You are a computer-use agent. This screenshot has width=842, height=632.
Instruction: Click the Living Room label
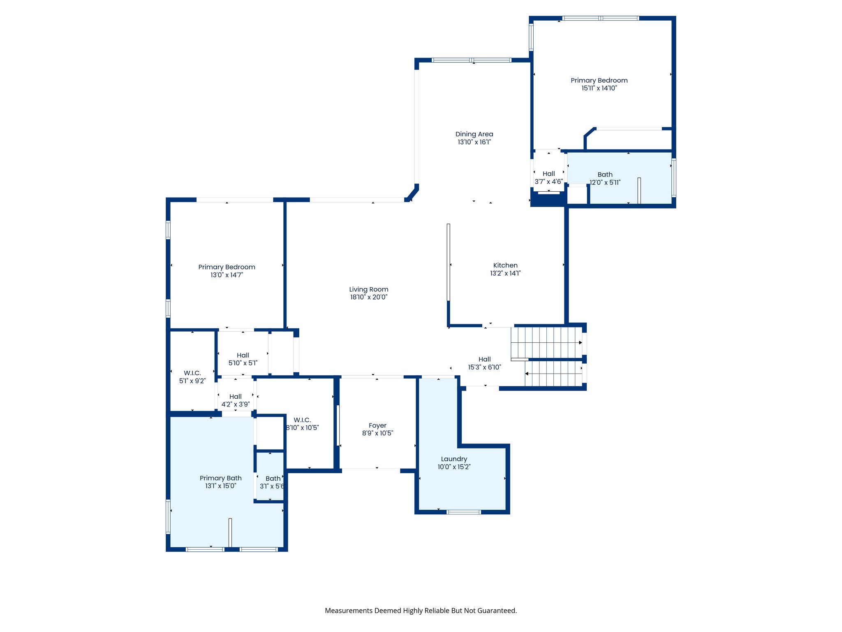click(x=369, y=289)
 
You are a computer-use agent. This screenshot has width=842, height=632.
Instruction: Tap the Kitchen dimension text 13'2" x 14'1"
click(x=505, y=273)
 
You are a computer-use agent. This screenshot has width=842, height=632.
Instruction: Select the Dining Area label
click(x=474, y=134)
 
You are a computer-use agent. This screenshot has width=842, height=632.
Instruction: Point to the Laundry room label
click(x=454, y=459)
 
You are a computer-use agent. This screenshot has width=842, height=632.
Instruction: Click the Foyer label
click(x=377, y=425)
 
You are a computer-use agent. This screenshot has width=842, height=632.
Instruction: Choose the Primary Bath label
click(x=220, y=478)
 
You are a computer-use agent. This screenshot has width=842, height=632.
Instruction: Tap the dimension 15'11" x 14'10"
click(x=599, y=88)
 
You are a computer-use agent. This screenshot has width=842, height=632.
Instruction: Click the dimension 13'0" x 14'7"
click(x=227, y=275)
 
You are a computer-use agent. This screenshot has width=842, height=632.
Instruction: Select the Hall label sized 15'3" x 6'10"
click(x=484, y=359)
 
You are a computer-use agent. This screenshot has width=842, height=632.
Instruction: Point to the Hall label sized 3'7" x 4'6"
click(x=548, y=174)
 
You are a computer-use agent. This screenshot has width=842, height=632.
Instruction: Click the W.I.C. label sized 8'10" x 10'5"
click(x=302, y=420)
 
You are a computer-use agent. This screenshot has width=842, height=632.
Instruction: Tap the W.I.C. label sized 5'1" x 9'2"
click(x=192, y=373)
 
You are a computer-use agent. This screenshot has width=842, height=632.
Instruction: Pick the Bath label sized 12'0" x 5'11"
click(x=605, y=174)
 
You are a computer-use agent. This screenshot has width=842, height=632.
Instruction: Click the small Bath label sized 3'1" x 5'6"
click(x=273, y=479)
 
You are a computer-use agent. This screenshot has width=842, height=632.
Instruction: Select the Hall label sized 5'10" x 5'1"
click(x=243, y=355)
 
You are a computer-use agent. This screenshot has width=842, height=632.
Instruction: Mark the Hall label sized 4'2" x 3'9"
click(x=235, y=397)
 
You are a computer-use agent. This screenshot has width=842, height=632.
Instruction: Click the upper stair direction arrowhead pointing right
click(x=581, y=342)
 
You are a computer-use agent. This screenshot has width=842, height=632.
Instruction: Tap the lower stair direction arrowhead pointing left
click(x=527, y=374)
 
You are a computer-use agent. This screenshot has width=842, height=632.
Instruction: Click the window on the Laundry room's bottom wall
click(x=463, y=512)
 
